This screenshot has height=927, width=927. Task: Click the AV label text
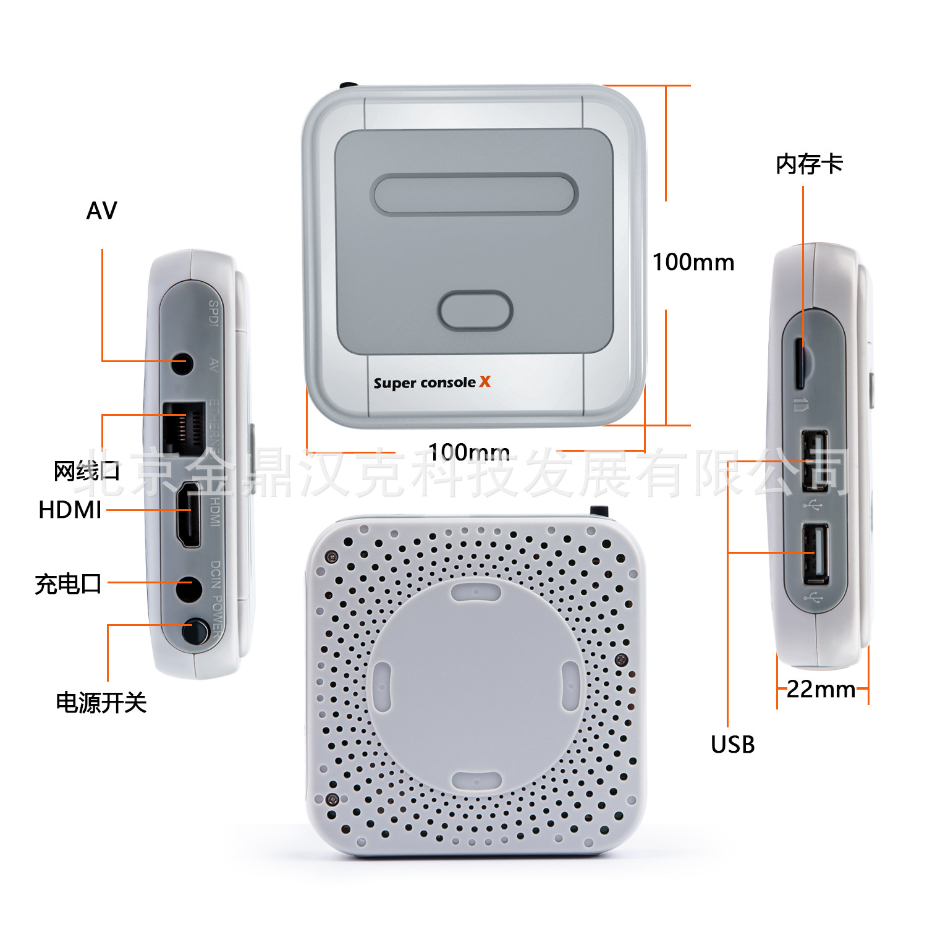tap(101, 211)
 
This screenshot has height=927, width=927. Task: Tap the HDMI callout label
tap(70, 510)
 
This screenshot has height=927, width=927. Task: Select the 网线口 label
tap(87, 472)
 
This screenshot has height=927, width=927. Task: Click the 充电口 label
tap(68, 583)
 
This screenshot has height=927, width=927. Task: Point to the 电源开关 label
tap(101, 703)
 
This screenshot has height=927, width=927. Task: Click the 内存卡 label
tap(809, 164)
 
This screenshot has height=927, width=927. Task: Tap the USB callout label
tap(732, 745)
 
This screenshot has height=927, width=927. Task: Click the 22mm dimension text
tap(821, 689)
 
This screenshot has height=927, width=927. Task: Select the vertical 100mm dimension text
tap(693, 262)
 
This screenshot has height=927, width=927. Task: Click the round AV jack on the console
tap(181, 363)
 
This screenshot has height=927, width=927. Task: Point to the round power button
tap(195, 632)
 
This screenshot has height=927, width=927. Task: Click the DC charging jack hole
tap(188, 588)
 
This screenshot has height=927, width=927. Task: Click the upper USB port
tap(815, 461)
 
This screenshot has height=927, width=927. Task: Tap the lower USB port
tap(816, 553)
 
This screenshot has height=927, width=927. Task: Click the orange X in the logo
tap(485, 381)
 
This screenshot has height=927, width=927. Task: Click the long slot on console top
tap(474, 193)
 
